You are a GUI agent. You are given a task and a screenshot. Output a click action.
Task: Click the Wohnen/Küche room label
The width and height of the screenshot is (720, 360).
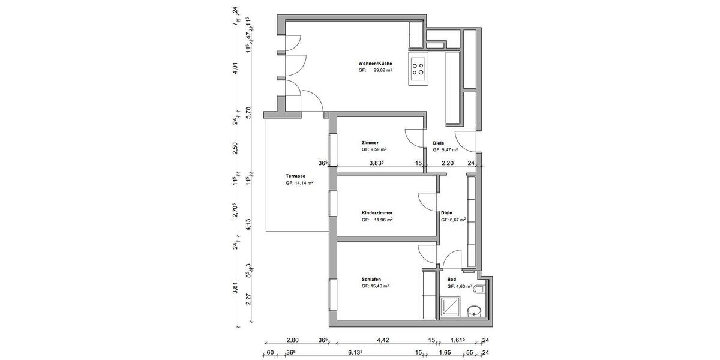(x=375, y=63)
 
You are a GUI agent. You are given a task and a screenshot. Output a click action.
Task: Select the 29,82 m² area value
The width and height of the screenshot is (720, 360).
(x=382, y=70)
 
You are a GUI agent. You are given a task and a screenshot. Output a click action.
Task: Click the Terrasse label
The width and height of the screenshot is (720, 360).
(x=296, y=176)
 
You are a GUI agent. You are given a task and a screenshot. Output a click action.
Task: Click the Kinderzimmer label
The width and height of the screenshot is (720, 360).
(x=377, y=213)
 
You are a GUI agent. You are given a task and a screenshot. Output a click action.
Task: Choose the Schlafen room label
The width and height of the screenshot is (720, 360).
(x=371, y=279)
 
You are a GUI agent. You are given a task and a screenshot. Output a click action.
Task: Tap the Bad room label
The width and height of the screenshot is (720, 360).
(x=452, y=279)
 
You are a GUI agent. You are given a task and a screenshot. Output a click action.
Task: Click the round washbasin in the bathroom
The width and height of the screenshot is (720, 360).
(x=475, y=311)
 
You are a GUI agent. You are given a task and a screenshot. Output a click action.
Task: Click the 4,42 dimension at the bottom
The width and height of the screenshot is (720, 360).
(x=382, y=341)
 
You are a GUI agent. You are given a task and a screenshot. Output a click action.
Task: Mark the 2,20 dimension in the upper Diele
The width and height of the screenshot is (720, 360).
(x=448, y=163)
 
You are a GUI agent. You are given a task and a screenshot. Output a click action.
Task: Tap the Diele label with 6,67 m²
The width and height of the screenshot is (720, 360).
(x=446, y=213)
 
